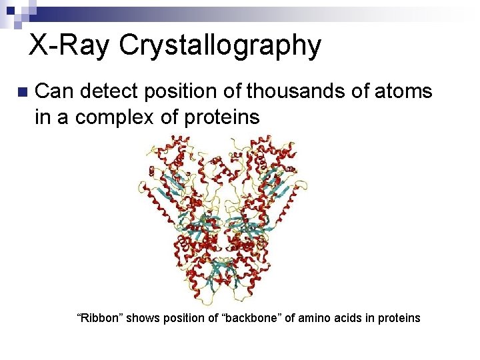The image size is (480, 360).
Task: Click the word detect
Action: (x=114, y=91)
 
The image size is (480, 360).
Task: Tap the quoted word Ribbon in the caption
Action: (x=100, y=318)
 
